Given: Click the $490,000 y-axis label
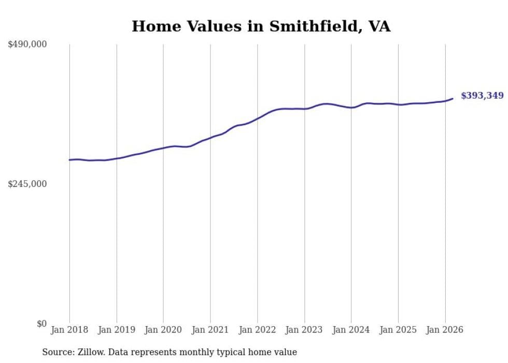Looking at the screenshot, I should pos(27,45).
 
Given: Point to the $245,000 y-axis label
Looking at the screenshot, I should pos(27,184).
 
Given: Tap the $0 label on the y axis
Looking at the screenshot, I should pos(41,324).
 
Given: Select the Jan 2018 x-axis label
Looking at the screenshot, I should pos(69,330).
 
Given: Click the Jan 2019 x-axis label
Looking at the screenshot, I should pos(117,330).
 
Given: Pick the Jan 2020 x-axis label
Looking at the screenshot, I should pos(163,330).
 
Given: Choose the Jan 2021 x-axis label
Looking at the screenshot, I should pos(210,330).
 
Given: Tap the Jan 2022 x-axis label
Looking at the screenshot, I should pos(258,330).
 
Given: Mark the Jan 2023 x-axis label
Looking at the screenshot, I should pos(304,330).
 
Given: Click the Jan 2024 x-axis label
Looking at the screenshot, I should pos(351,330).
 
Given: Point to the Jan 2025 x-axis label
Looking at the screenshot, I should pos(398,330).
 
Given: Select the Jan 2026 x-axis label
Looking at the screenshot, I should pos(445,330).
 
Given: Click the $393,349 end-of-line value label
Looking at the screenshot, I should pos(482,96).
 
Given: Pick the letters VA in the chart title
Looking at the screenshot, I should pos(379,26).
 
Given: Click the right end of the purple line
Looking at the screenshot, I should pos(453,98).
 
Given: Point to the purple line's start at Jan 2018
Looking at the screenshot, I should pos(69,160).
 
